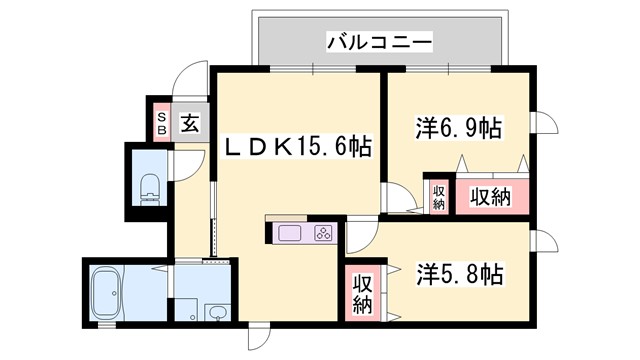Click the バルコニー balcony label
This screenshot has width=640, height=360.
click(x=378, y=43)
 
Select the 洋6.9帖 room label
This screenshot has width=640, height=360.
click(x=458, y=128)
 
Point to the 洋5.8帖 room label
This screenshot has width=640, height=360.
click(x=459, y=271)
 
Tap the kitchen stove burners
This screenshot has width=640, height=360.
click(x=323, y=234)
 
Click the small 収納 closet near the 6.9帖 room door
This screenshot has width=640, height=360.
click(x=438, y=195)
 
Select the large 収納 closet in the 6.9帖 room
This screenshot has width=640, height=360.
click(x=490, y=196)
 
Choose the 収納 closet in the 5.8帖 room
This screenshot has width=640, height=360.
click(x=361, y=291)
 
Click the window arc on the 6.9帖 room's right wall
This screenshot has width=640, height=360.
click(x=548, y=123)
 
